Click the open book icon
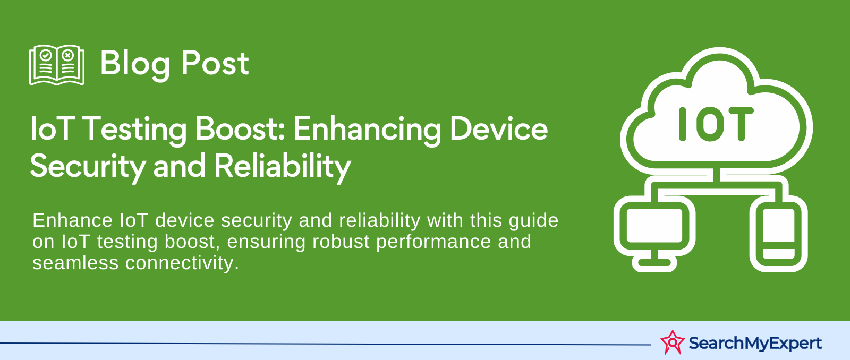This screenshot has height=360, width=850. [x=57, y=65]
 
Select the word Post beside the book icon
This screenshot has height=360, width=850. [x=215, y=63]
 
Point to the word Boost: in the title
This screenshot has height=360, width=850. [x=240, y=129]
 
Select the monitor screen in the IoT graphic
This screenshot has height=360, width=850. [x=654, y=225]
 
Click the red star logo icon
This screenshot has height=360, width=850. [x=673, y=342]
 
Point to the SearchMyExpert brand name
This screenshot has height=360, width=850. [x=755, y=344]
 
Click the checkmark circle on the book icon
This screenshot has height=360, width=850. [x=46, y=55]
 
